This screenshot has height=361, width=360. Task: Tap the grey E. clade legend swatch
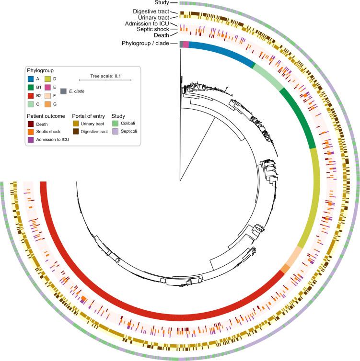63,91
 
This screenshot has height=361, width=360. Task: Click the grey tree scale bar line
105,79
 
